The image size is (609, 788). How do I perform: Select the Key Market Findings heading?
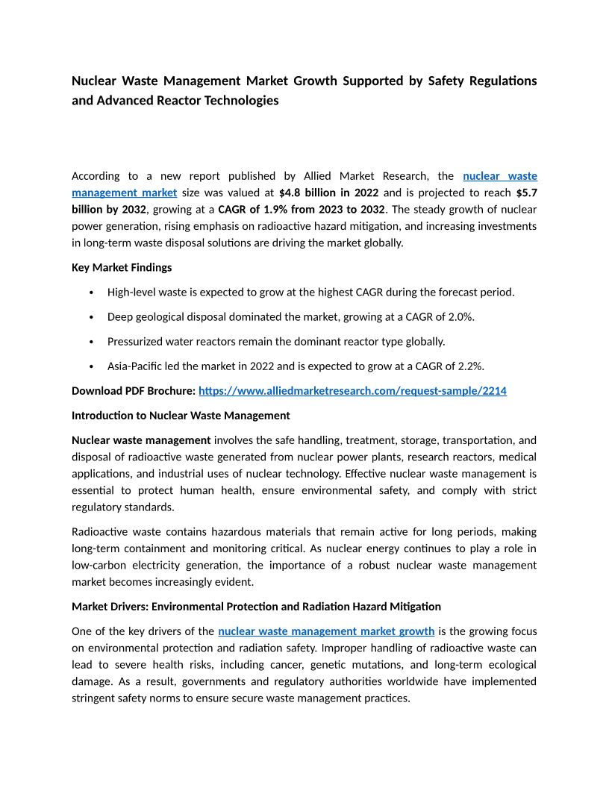point(122,267)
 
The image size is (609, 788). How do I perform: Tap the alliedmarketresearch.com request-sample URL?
point(352,390)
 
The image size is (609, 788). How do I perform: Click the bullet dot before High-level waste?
point(90,293)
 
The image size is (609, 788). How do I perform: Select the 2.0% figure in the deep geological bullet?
point(460,316)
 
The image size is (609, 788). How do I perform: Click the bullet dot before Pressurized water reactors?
point(90,342)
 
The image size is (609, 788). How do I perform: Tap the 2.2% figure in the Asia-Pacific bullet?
point(470,366)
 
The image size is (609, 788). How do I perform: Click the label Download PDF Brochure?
point(134,390)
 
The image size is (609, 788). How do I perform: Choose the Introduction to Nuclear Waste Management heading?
point(181,415)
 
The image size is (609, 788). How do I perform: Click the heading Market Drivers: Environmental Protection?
point(256,606)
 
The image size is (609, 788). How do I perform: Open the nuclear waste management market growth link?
point(326,631)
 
